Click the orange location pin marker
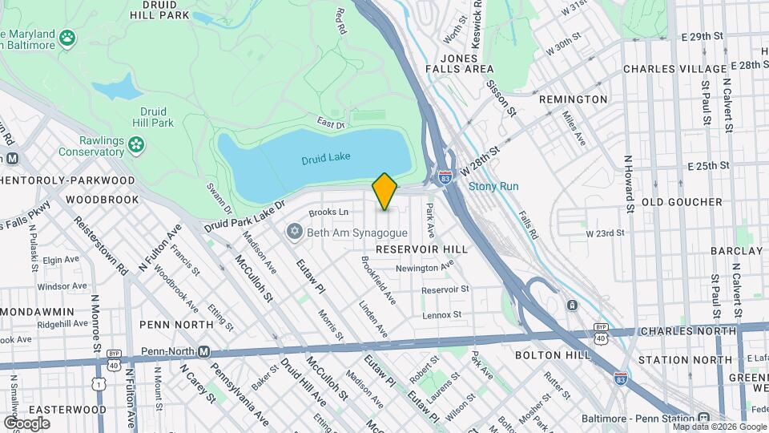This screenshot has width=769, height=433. coord(384,192)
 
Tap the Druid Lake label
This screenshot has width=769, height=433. coord(326,160)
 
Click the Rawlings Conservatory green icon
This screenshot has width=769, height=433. coord(137,144)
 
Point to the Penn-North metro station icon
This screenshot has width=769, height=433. coord(204,351)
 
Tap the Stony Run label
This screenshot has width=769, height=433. coord(493,186)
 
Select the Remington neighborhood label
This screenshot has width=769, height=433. coord(573,99)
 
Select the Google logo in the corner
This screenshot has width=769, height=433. coord(26,423)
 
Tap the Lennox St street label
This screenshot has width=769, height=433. coord(443,315)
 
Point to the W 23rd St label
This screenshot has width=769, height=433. coord(605,233)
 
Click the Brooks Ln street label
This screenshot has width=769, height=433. coord(328,212)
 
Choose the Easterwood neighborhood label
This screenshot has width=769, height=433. coord(55,409)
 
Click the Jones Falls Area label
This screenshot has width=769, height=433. coord(467,63)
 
